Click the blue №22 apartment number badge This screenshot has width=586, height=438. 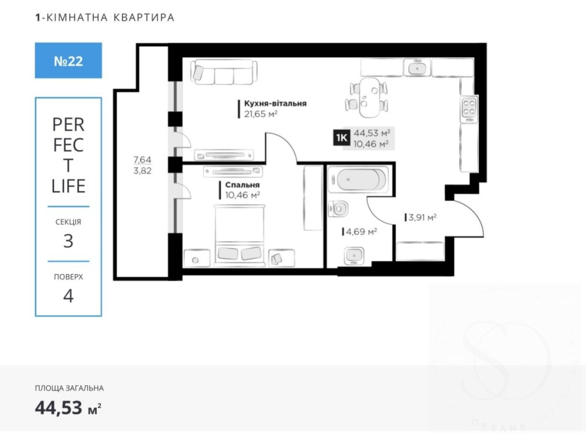(69, 60)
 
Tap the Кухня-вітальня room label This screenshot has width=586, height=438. (275, 104)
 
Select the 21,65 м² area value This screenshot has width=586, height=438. (261, 114)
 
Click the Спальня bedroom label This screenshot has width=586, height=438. (242, 185)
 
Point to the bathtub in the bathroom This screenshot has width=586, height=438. (359, 180)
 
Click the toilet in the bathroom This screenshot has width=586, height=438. (338, 209)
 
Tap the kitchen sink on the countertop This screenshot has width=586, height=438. (417, 68)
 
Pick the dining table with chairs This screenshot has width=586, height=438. (367, 97)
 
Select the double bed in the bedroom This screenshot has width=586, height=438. (240, 235)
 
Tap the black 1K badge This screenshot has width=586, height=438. (342, 138)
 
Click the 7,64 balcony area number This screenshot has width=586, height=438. (142, 160)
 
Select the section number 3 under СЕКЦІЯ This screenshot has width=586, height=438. (68, 241)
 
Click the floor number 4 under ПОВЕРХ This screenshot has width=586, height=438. (68, 296)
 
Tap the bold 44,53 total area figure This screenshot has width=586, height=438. (58, 408)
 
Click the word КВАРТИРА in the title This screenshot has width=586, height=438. (144, 18)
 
